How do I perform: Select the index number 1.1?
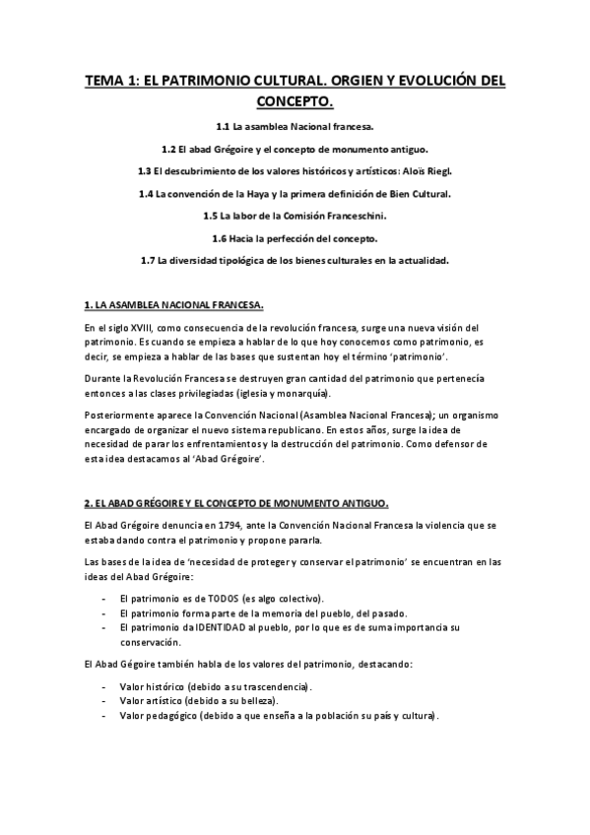click(x=223, y=127)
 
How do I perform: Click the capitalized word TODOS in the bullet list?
click(x=224, y=599)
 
